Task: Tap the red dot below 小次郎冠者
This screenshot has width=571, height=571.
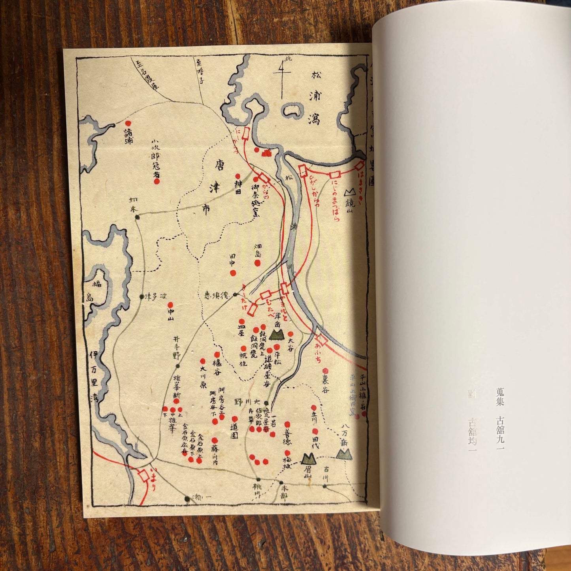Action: (156, 181)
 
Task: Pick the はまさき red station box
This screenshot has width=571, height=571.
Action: (360, 165)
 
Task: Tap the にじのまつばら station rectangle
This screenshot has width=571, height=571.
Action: (335, 174)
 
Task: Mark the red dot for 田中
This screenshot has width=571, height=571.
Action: (233, 273)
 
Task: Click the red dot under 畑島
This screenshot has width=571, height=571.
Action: (257, 263)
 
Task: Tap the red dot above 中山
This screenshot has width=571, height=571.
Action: (171, 305)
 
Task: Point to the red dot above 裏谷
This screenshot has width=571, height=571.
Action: (325, 371)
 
